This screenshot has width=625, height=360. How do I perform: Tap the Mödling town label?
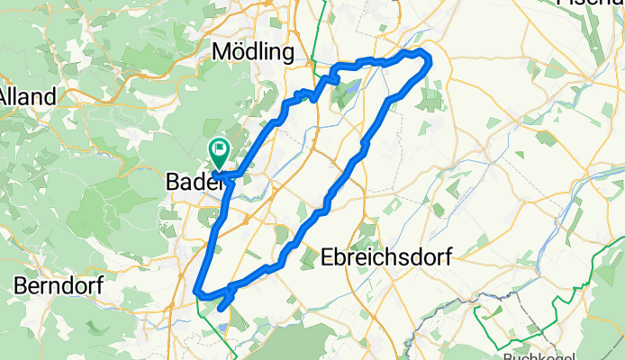click(x=253, y=53)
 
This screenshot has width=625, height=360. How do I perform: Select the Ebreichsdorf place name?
click(x=386, y=257)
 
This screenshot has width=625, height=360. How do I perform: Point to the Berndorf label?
click(x=59, y=285)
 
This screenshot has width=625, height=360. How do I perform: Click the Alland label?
click(x=28, y=95)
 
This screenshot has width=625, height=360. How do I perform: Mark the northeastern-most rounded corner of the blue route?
click(x=427, y=59)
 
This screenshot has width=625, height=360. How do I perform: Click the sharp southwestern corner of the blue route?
click(x=197, y=290)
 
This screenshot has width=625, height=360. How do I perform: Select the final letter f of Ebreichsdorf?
click(x=448, y=257)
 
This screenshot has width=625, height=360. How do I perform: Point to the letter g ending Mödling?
click(x=287, y=55)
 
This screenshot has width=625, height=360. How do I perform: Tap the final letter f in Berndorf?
click(x=99, y=285)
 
